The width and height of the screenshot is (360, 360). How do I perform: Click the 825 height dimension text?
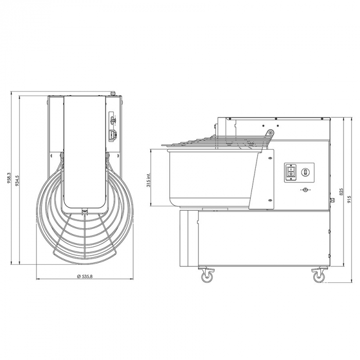tap(340, 191)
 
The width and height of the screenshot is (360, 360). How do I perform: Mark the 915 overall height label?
tap(349, 191)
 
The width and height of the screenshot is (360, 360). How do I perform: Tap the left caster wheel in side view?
tap(207, 276)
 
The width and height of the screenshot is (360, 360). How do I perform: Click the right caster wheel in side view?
tap(318, 276)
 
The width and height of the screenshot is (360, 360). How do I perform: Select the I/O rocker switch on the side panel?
tap(291, 172)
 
